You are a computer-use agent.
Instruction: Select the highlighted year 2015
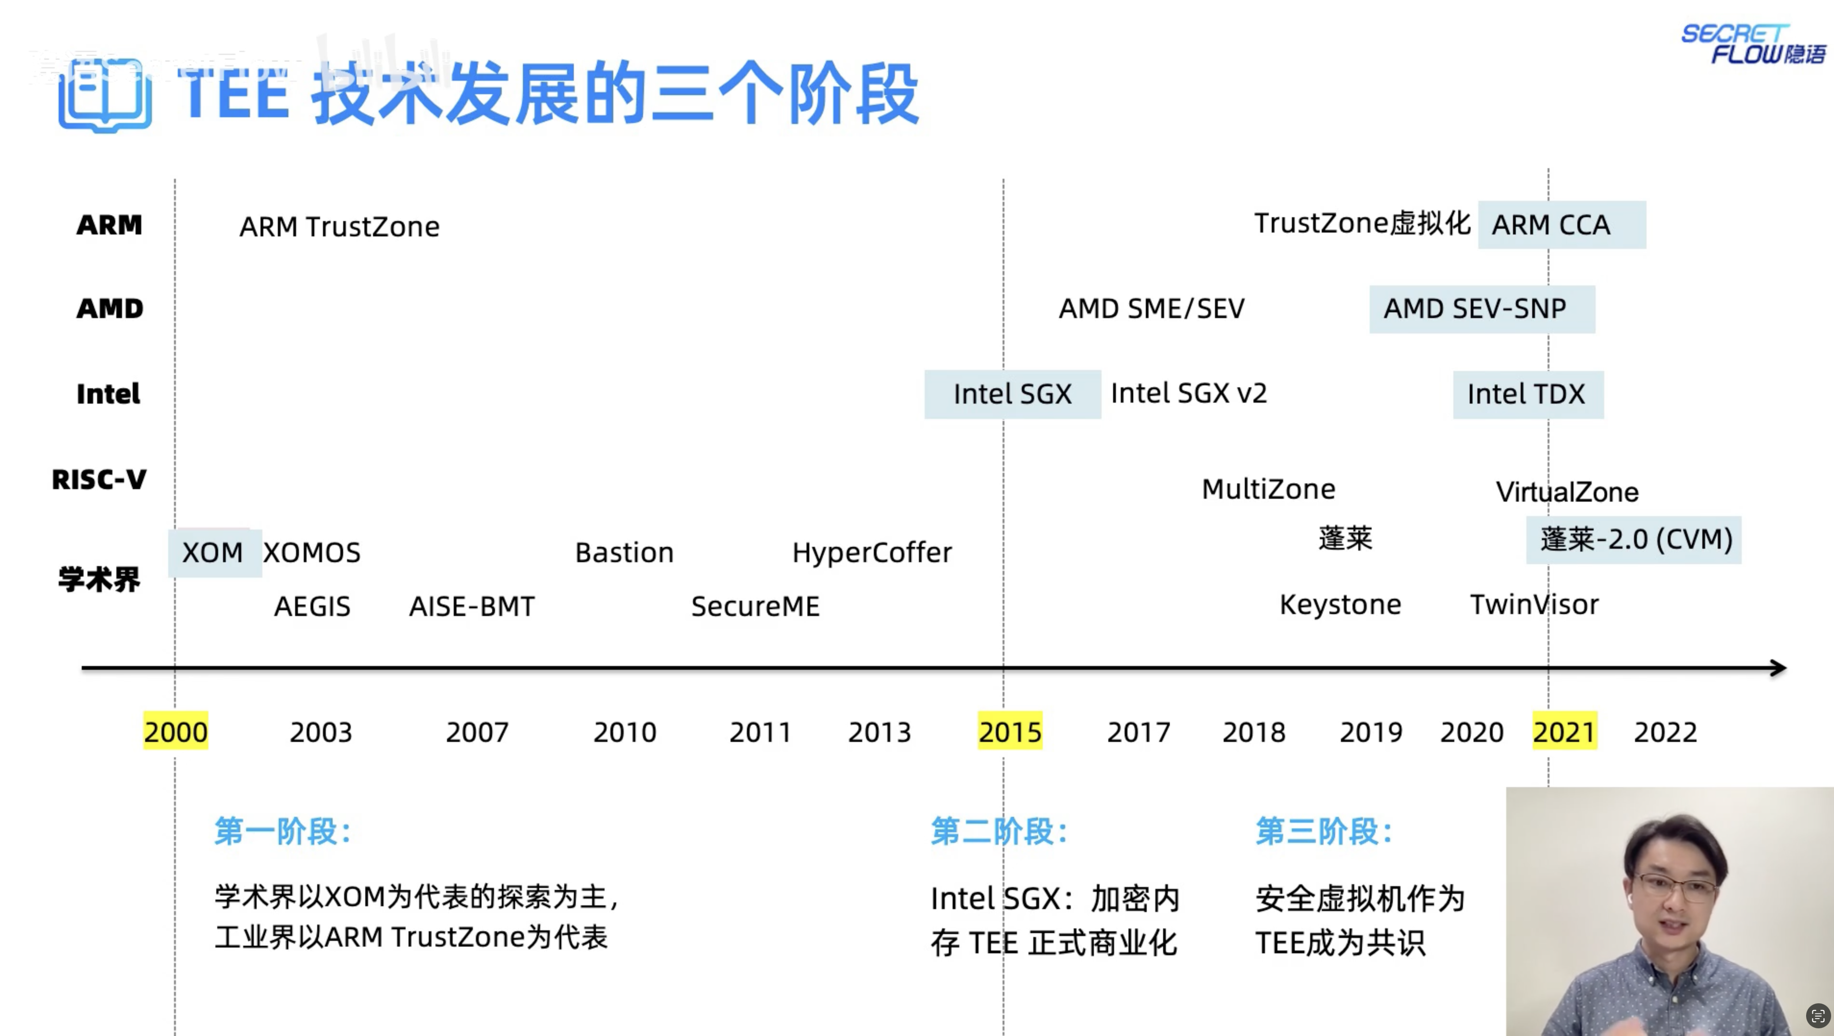pos(1010,731)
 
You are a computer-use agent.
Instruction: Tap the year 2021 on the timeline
pos(1564,731)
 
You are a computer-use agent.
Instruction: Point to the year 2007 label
pos(477,732)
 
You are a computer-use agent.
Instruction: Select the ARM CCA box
pos(1561,225)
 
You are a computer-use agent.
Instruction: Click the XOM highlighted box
pos(213,553)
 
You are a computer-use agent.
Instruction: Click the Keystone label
pos(1340,604)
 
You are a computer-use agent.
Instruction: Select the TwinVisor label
pos(1534,604)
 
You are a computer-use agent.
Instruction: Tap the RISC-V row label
pos(99,479)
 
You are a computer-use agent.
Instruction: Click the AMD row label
pos(110,309)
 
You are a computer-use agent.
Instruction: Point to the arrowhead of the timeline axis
pos(1778,668)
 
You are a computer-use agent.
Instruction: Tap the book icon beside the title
pos(105,96)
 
